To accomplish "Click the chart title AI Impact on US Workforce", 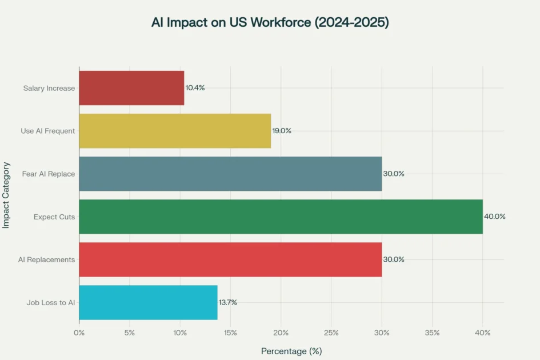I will (270, 22).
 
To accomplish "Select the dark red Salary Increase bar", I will (131, 88).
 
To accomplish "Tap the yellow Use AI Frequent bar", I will (175, 131).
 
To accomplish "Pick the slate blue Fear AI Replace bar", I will (230, 174).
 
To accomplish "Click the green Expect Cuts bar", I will (281, 217).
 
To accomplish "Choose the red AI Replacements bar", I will (230, 259).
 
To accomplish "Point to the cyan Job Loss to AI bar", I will (148, 302).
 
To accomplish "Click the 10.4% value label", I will (195, 88).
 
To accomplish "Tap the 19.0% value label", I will (282, 131).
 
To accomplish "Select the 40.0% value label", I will (495, 217).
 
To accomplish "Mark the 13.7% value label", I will (227, 302).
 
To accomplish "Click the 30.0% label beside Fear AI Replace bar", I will (394, 174).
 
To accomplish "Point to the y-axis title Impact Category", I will (6, 195).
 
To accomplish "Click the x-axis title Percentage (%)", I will (291, 351).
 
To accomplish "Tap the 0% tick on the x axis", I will (79, 332).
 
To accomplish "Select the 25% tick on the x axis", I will (331, 332).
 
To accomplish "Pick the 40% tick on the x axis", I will (483, 332).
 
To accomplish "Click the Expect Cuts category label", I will (54, 217).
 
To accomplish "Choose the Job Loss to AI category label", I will (51, 302).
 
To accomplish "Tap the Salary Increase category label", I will (49, 88).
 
